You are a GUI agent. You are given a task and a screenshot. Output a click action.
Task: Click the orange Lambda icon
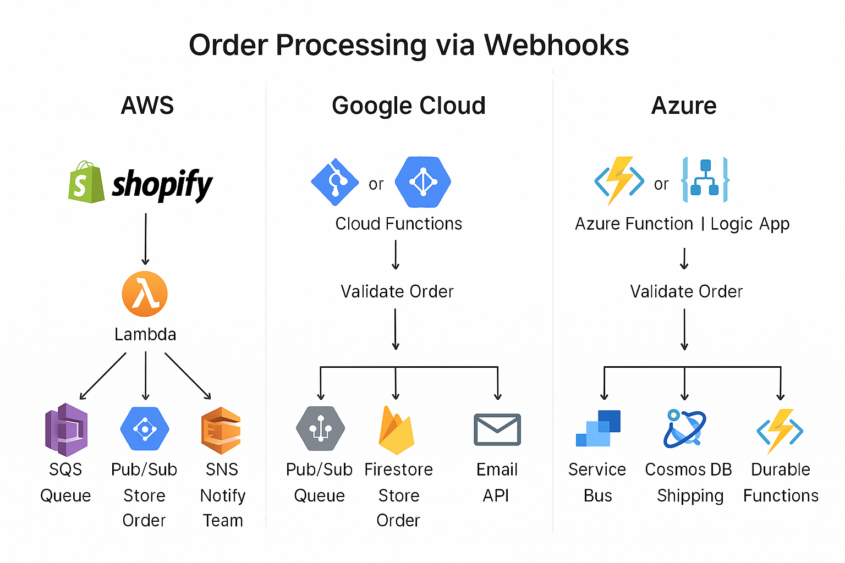click(145, 294)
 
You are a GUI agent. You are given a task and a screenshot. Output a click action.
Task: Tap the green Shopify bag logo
click(86, 182)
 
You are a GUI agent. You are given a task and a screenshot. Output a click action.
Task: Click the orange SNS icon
click(221, 430)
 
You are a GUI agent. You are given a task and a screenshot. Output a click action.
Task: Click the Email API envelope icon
click(497, 429)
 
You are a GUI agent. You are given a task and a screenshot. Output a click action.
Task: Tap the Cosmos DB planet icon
click(684, 429)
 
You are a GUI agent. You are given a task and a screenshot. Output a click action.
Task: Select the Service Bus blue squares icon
click(598, 428)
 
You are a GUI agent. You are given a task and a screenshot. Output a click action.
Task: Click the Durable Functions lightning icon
click(780, 430)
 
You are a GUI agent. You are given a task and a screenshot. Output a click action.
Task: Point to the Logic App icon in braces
click(705, 180)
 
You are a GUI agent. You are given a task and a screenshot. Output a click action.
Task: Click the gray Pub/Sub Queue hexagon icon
click(320, 429)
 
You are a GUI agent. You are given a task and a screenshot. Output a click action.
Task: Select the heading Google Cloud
click(409, 106)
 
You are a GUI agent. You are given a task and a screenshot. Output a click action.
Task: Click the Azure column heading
click(684, 106)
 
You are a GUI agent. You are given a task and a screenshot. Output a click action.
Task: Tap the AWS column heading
click(147, 106)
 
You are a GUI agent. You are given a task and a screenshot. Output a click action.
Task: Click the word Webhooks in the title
click(556, 45)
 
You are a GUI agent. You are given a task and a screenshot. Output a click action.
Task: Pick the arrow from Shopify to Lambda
click(145, 239)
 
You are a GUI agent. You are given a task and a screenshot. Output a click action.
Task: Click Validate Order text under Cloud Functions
click(397, 291)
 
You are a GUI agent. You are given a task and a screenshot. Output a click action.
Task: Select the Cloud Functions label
click(398, 224)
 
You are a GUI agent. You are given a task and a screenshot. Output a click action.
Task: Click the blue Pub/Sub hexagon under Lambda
click(145, 429)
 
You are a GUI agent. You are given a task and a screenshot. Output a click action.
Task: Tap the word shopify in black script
click(162, 184)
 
